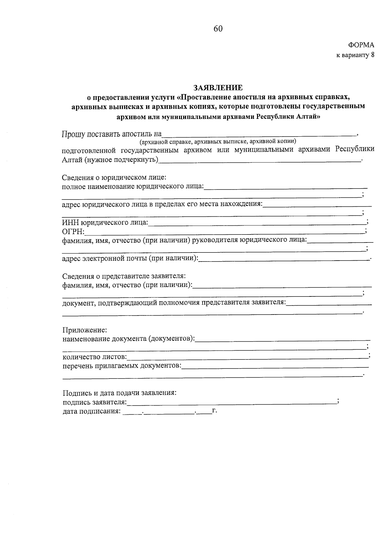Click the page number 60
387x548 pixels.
(x=218, y=29)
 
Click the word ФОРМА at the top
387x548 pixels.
(x=361, y=45)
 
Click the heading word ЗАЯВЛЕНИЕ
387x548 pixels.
(x=218, y=88)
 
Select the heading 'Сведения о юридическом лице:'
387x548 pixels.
(x=114, y=178)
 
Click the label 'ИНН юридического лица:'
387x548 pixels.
(x=105, y=222)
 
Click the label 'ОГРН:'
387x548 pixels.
(x=73, y=232)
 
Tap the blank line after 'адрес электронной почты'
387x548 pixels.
(x=284, y=259)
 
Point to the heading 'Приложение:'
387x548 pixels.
(x=84, y=330)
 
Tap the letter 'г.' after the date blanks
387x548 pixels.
(x=214, y=411)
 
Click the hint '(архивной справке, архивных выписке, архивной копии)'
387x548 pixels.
(x=218, y=142)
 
